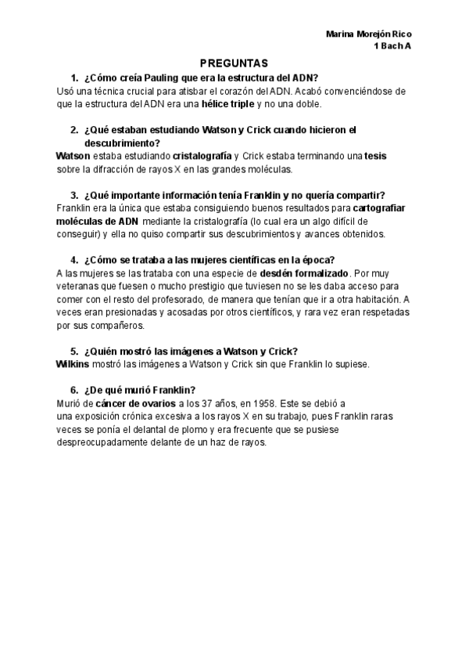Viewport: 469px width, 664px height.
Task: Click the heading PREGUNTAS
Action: click(x=234, y=63)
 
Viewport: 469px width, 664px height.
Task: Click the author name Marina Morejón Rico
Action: click(x=369, y=34)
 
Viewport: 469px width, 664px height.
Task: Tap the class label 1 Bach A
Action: click(x=394, y=47)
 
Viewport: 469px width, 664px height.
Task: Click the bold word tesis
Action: click(x=375, y=156)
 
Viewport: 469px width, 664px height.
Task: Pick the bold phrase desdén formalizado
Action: click(x=303, y=273)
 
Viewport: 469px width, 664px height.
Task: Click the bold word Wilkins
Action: click(x=73, y=364)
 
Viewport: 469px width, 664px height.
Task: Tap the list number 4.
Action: click(x=73, y=260)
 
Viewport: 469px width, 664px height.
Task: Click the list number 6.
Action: click(x=73, y=390)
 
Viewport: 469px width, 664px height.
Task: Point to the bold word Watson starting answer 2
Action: click(x=74, y=156)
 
